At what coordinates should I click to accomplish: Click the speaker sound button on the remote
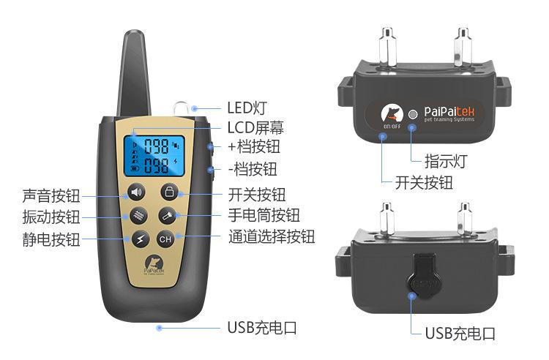coord(137,193)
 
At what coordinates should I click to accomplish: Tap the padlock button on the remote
coord(169,193)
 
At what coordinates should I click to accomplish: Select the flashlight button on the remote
coord(167,216)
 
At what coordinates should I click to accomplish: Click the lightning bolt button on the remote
coord(139,239)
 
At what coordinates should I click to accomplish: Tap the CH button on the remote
coord(166,239)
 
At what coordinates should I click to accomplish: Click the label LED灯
coord(247,108)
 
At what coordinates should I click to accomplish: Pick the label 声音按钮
coord(51,195)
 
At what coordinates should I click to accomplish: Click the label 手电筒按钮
coord(264,216)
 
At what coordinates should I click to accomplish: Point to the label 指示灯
coord(445,160)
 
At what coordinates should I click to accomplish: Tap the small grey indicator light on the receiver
coord(413,114)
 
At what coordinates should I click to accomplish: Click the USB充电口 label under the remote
coord(262,327)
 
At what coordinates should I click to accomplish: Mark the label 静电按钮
coord(51,239)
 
